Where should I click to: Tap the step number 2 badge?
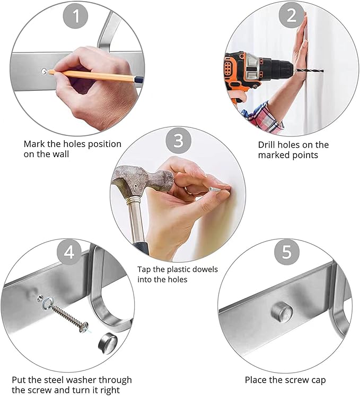coord(292,15)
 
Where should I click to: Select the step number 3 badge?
coord(178,140)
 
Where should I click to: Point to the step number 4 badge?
coord(69,252)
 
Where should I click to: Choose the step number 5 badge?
coord(287,252)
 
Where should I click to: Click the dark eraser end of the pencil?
coord(139,80)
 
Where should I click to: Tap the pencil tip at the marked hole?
coord(48,72)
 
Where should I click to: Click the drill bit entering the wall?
coord(309,71)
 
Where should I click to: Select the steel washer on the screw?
coord(47,303)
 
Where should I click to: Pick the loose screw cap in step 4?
coord(108,343)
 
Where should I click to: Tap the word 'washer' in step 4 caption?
coord(76,380)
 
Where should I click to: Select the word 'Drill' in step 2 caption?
coord(266,145)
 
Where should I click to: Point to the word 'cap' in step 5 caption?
coord(318,381)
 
